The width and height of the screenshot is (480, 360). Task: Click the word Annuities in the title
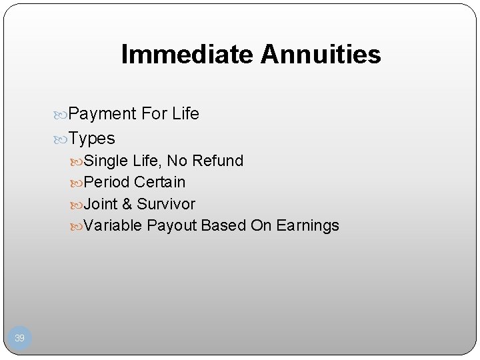[321, 55]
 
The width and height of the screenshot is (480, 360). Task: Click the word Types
[92, 139]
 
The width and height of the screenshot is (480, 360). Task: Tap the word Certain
[159, 182]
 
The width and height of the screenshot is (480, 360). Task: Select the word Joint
[101, 204]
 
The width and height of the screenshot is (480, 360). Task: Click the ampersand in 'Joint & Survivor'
[127, 204]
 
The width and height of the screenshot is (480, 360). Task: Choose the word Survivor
[166, 204]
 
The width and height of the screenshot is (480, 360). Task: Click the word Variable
[113, 226]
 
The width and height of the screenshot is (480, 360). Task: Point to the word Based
[223, 226]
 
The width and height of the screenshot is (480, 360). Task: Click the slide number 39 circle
[19, 339]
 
